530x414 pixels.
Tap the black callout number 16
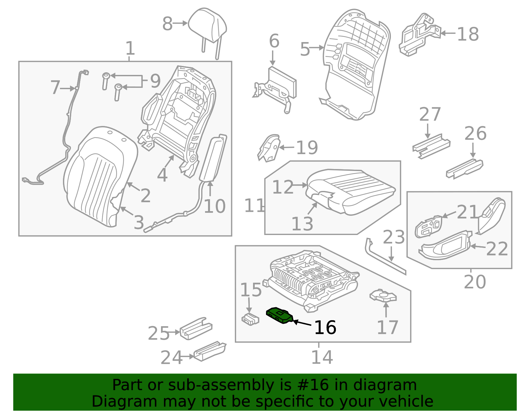pos(325,328)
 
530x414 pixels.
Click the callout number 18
pos(468,34)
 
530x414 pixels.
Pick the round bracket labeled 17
pos(383,296)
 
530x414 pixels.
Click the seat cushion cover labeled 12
pos(351,191)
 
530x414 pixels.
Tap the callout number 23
pos(394,237)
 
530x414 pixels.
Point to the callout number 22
pos(497,249)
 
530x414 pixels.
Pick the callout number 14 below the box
pos(322,357)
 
